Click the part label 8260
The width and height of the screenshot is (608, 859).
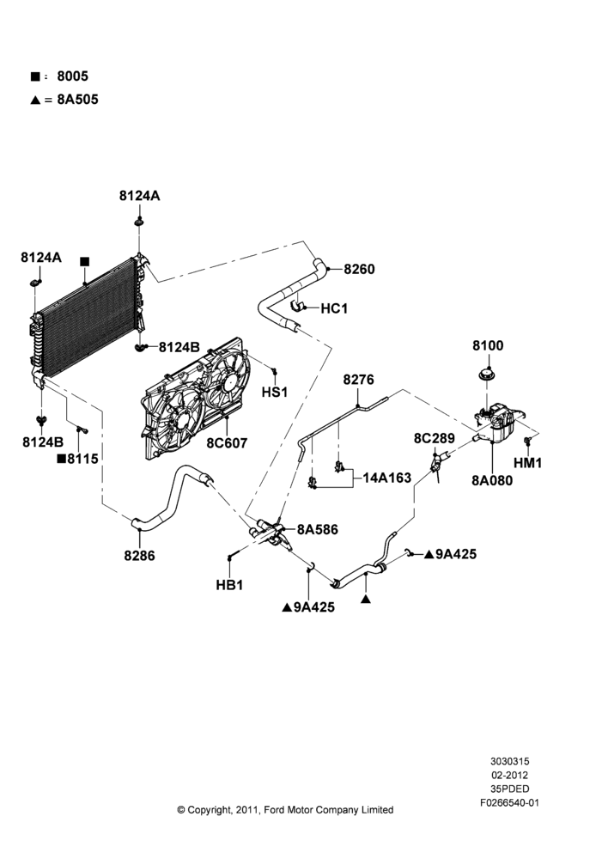[359, 269]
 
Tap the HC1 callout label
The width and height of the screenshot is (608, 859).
[334, 308]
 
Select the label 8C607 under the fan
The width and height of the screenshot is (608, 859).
[227, 442]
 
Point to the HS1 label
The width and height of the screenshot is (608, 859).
[275, 393]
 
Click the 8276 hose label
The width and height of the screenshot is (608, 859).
[358, 379]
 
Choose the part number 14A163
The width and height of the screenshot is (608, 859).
[386, 478]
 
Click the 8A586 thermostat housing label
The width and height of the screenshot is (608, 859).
[318, 529]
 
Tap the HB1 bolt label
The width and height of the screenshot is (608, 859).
[229, 585]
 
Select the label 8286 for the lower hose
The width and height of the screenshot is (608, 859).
[139, 556]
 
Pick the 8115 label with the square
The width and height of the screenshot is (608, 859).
[78, 459]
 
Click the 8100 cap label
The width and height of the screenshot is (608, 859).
[488, 345]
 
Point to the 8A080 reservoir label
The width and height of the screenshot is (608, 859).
[492, 480]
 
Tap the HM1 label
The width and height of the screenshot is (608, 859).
[527, 463]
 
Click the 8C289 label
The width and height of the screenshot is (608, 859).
[434, 438]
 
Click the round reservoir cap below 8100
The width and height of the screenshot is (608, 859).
[487, 376]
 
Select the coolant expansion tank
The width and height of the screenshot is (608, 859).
[500, 422]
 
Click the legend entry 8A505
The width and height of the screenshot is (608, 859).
[78, 100]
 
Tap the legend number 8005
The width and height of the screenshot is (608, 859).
[72, 76]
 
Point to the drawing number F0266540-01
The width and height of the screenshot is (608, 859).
[509, 803]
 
